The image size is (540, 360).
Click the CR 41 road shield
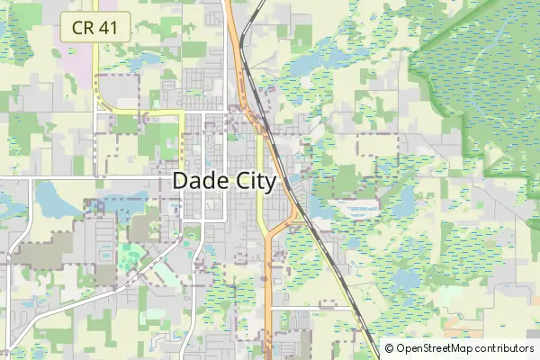tap(95, 28)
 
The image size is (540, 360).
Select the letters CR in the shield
tap(83, 28)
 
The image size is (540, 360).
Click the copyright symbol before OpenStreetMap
tap(389, 348)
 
